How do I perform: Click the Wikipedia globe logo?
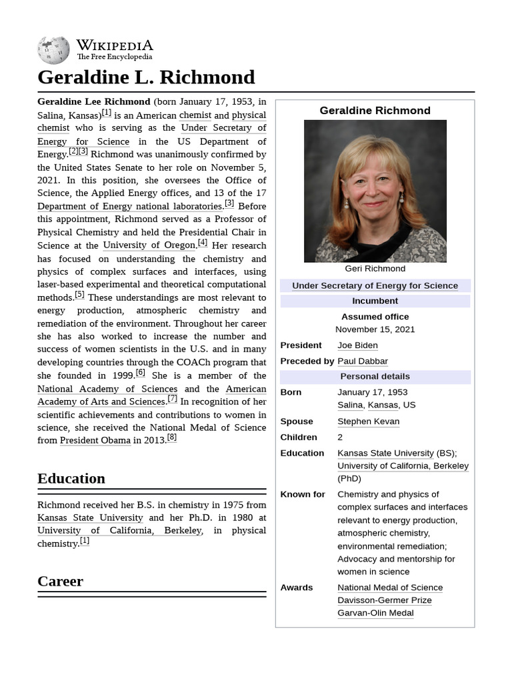(53, 50)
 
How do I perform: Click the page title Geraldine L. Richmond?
(146, 77)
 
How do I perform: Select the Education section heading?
(71, 478)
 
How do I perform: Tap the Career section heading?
(60, 581)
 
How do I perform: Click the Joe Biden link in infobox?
(357, 345)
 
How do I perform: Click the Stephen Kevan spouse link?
(368, 421)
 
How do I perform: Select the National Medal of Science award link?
(390, 587)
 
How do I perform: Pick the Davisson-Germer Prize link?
(384, 600)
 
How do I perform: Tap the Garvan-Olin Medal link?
(375, 612)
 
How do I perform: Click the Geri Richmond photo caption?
(375, 268)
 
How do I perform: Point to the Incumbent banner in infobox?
(375, 301)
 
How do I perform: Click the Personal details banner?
(375, 376)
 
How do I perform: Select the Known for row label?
(303, 494)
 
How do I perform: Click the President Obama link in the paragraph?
(95, 440)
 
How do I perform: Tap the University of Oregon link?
(149, 245)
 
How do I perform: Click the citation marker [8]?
(171, 437)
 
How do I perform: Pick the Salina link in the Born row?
(350, 405)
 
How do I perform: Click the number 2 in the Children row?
(340, 437)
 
